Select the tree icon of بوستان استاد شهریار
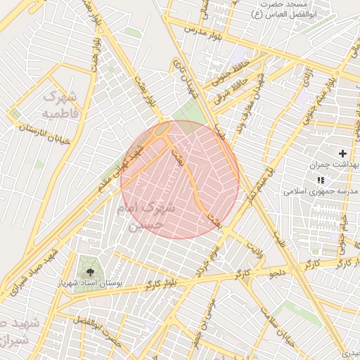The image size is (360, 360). click(x=89, y=271)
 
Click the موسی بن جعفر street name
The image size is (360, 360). click(x=212, y=309)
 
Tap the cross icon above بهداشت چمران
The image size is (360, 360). click(x=342, y=153)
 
